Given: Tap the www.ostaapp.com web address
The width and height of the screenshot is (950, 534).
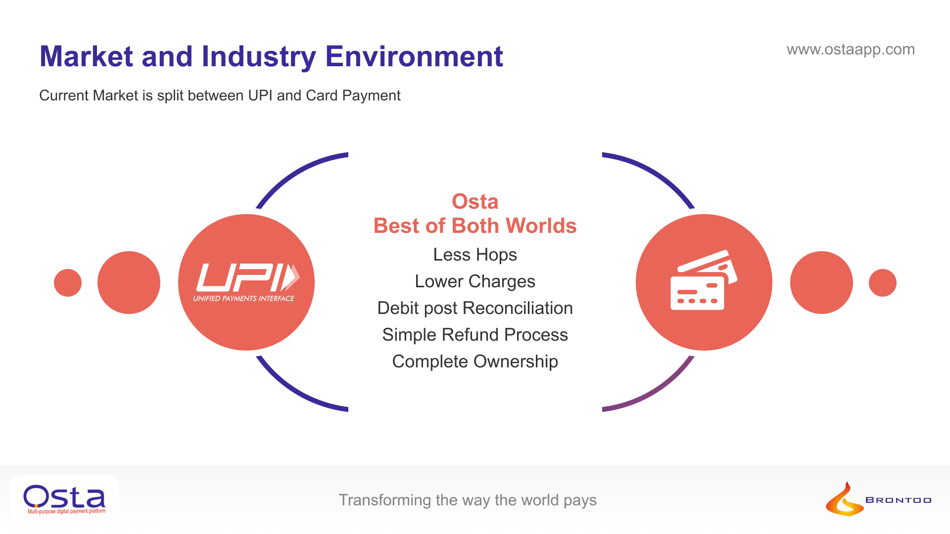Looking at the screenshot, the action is (851, 49).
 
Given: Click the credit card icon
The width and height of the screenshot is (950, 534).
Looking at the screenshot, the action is (704, 280).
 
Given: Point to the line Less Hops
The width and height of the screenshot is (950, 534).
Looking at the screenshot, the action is (475, 255).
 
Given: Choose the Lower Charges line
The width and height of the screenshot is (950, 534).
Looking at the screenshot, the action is (475, 281).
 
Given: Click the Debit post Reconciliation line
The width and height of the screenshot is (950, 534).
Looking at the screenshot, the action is (475, 308).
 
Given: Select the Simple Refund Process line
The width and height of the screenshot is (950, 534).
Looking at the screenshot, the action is (475, 335).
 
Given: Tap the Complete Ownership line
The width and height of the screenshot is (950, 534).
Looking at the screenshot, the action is (475, 361).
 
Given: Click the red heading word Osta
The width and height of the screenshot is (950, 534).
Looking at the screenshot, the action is (475, 202).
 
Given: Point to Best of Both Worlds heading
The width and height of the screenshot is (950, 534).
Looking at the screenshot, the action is (475, 226).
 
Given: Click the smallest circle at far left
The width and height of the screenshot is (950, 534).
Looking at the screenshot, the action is (68, 283).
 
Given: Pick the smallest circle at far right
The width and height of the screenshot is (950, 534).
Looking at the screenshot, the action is (882, 283).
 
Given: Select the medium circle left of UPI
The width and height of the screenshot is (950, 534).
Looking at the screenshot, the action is (129, 283).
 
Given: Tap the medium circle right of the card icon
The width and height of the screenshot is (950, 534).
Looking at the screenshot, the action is (821, 283).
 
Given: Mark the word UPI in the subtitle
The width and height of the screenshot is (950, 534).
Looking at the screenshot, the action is (260, 95).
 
